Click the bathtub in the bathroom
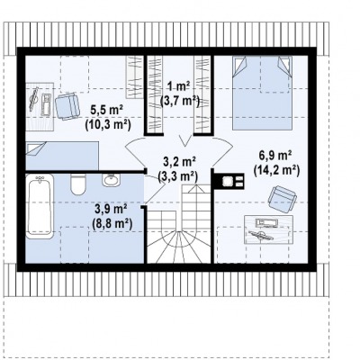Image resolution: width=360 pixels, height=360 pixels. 40,206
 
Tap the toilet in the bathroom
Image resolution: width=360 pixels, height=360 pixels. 77,184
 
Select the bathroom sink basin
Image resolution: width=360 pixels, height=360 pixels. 112,180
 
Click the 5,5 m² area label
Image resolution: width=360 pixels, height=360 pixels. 107,111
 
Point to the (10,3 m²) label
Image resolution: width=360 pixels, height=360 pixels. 108,124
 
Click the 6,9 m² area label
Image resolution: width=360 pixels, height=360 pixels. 275,157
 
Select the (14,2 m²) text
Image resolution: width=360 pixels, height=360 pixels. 276,170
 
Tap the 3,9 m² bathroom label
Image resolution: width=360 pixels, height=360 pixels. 111,209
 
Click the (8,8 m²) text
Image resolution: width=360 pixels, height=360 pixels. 112,223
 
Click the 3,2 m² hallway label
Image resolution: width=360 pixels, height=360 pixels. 179,162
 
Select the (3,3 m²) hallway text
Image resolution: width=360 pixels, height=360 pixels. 177,176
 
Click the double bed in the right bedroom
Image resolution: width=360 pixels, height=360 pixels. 262,93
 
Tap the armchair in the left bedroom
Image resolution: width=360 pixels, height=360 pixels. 67,106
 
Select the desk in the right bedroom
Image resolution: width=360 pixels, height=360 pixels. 268,229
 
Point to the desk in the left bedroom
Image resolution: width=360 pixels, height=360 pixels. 40,106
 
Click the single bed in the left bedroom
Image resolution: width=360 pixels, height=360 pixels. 62,156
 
